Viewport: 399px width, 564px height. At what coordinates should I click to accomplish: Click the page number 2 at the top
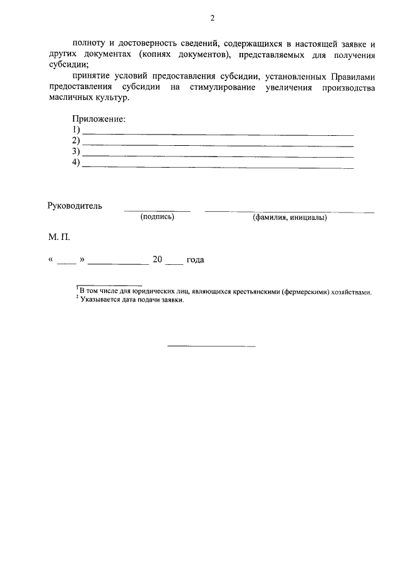[x=211, y=18]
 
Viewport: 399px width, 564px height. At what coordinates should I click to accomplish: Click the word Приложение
[x=99, y=119]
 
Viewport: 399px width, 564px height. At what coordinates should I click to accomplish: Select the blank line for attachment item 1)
[x=218, y=134]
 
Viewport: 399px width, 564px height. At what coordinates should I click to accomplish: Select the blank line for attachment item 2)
[x=218, y=145]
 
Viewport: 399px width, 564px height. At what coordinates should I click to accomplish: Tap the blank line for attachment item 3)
[x=218, y=156]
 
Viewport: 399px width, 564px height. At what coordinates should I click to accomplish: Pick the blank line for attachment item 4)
[x=218, y=168]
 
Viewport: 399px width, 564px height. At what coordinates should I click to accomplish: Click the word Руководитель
[x=75, y=206]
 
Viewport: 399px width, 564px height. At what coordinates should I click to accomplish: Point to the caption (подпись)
[x=157, y=217]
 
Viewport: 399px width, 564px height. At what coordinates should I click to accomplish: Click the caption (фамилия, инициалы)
[x=290, y=217]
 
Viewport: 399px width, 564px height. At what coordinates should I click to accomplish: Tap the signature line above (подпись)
[x=157, y=211]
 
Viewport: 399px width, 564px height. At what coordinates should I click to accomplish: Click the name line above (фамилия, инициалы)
[x=290, y=212]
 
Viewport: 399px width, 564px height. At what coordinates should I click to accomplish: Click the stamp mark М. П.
[x=59, y=238]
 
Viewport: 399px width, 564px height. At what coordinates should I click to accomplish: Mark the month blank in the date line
[x=118, y=264]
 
